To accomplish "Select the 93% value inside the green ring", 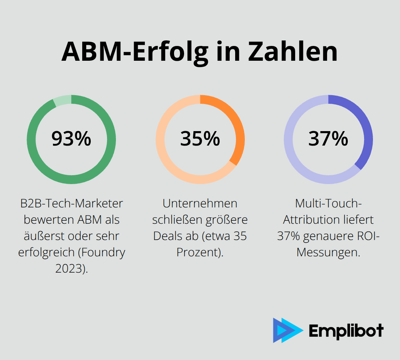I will (71, 139).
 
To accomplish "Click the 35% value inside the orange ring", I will (200, 139).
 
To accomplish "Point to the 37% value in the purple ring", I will (328, 139).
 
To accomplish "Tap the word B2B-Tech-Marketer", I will (71, 203).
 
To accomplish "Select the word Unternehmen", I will (200, 203).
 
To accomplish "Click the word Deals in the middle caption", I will (167, 236).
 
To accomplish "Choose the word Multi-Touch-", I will (328, 203).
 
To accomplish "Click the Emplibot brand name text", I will (346, 330).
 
